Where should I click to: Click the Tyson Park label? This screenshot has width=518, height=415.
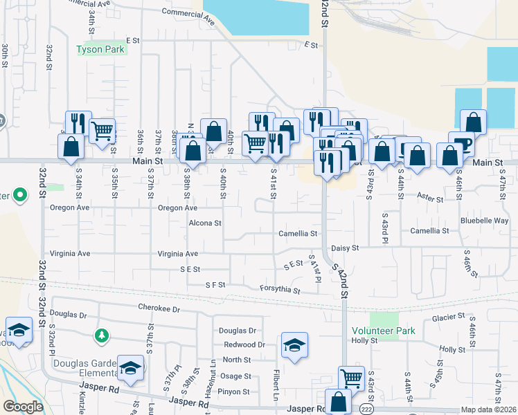[x=100, y=50]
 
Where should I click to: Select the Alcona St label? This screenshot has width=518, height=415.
[x=205, y=223]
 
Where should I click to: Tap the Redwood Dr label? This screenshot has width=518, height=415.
[x=244, y=344]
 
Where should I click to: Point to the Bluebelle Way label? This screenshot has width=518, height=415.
[x=485, y=221]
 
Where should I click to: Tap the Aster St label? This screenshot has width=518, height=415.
[x=430, y=199]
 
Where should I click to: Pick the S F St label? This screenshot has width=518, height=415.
[x=215, y=284]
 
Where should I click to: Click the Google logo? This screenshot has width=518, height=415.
[x=23, y=407]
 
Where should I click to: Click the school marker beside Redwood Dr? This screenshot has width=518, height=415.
[x=294, y=344]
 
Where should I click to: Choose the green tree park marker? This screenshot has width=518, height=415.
[x=102, y=335]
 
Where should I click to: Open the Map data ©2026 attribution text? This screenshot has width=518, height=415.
[x=488, y=409]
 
